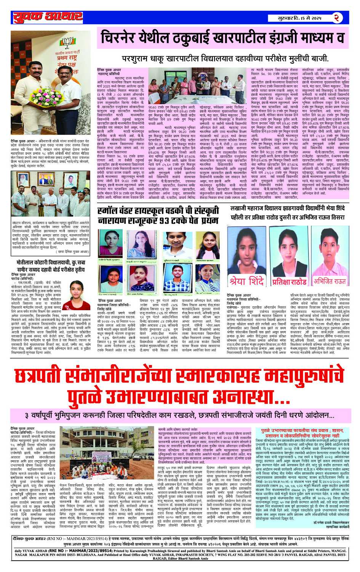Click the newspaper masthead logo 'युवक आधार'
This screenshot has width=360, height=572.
tap(48, 17)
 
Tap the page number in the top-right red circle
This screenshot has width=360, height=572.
tap(336, 18)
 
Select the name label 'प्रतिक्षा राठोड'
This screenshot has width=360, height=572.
tap(290, 282)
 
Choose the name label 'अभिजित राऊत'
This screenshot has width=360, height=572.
tap(330, 281)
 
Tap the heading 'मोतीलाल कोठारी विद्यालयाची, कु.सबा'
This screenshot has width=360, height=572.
tap(50, 263)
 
